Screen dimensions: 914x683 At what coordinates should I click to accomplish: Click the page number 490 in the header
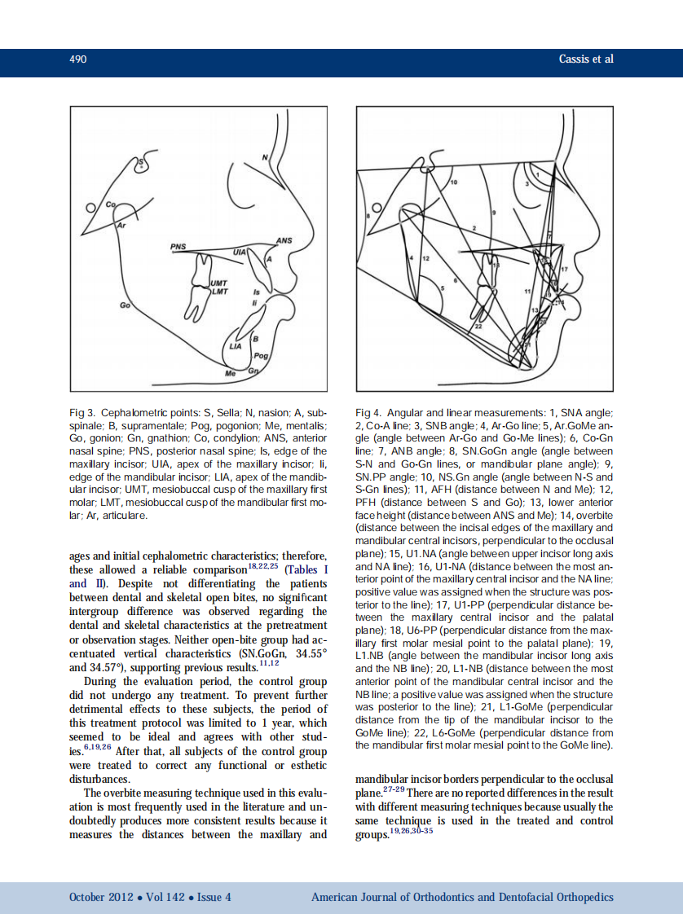coord(78,59)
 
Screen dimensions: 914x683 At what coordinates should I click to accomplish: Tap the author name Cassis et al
coord(586,59)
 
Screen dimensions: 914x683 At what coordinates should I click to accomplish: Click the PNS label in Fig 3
coord(178,246)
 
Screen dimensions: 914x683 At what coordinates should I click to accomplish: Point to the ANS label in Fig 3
coord(284,241)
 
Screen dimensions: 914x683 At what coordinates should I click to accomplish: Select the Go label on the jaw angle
coord(125,305)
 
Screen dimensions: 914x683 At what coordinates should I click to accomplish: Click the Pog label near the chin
coord(261,357)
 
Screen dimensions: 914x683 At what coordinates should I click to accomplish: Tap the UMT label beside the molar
coord(219,282)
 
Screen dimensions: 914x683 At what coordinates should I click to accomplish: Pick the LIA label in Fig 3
coord(236,347)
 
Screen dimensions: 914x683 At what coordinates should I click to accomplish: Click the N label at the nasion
coord(264,156)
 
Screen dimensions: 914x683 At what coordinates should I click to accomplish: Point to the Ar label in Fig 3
coord(122,222)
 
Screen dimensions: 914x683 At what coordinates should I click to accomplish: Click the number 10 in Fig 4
coord(454,182)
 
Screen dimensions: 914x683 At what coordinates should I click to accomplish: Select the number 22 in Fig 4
coord(478,327)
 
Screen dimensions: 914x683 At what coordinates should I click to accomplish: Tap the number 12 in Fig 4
coord(425,257)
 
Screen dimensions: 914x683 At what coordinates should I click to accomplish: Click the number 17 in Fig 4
coord(564,269)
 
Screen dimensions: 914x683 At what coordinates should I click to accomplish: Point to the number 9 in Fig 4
coord(494,212)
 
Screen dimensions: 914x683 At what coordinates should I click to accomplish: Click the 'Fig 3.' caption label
coord(82,414)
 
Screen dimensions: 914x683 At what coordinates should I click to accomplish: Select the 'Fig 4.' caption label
coord(368,414)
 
